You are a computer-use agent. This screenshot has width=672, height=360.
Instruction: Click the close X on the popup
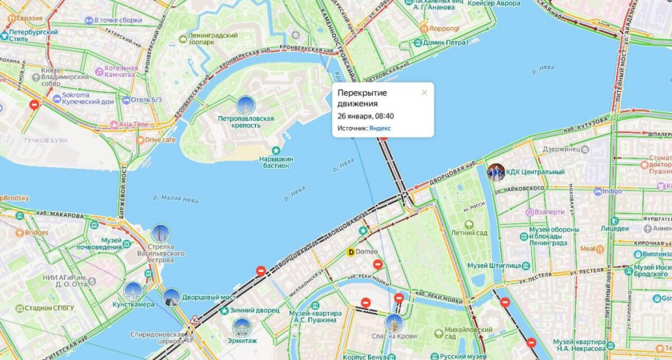point(424,93)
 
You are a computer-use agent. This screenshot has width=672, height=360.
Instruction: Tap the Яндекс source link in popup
point(380,128)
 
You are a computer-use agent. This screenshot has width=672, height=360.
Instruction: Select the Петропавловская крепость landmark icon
point(246,105)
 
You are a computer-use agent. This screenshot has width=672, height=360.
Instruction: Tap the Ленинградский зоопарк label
point(212,38)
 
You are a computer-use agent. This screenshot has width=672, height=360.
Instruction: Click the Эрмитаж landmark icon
point(242,326)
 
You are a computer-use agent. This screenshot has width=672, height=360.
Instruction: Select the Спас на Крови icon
point(394,323)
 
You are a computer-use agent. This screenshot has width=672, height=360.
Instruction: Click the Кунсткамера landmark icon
point(133,291)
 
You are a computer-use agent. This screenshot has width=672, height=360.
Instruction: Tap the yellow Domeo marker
point(350,252)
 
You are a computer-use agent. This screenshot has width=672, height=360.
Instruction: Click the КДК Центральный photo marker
point(496,172)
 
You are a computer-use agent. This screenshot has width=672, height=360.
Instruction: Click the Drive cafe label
point(160,139)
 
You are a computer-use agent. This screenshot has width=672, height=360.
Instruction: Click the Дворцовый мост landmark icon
point(171,298)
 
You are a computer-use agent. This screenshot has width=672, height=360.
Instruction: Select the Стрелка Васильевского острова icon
point(160,234)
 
